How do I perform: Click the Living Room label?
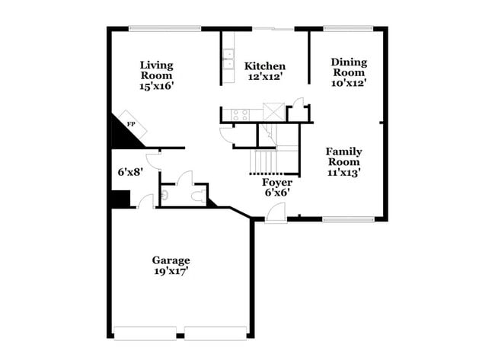click(x=155, y=70)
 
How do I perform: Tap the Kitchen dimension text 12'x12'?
click(x=265, y=78)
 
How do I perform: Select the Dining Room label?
click(x=349, y=67)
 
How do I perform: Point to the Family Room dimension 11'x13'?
click(x=343, y=173)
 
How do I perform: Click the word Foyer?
click(x=277, y=183)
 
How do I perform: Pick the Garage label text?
click(x=171, y=260)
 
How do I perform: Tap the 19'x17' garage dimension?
click(x=171, y=271)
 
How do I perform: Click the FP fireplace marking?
click(x=131, y=124)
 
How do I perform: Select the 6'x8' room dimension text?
click(x=130, y=172)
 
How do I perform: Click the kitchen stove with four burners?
click(x=240, y=115)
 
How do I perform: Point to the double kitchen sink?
click(x=228, y=59)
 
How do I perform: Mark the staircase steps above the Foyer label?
click(x=267, y=162)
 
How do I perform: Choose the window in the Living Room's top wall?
click(x=164, y=30)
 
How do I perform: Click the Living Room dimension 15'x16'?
click(x=155, y=87)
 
